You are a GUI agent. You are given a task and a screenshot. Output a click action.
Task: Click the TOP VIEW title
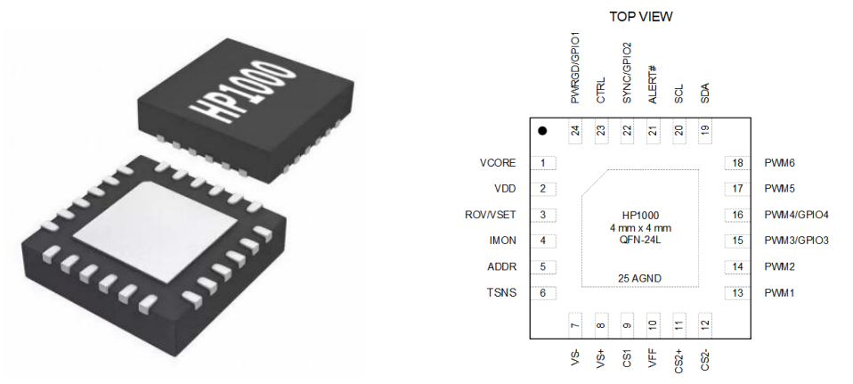coord(641,17)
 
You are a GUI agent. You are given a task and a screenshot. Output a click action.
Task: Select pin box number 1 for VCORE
coord(543,163)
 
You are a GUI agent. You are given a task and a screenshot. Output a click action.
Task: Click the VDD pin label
coord(505,189)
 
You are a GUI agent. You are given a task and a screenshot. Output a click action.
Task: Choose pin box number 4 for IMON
coord(543,241)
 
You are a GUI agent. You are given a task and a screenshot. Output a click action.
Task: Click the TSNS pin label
coord(502,292)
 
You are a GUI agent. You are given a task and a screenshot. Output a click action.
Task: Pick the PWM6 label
coord(780,163)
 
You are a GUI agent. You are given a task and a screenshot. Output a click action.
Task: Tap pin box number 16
coord(737,215)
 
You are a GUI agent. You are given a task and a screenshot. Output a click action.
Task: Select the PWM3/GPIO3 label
coord(796,241)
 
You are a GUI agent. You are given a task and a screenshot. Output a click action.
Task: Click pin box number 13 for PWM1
coord(737,292)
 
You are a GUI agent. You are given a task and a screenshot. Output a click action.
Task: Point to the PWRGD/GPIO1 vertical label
coord(576,69)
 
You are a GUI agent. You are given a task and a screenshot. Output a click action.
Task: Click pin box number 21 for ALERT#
coord(654,131)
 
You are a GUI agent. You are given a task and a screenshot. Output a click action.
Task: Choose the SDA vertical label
coord(705,93)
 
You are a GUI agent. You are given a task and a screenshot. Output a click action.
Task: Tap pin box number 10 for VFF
coord(654,325)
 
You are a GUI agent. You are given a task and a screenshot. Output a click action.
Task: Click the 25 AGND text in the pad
coord(640,279)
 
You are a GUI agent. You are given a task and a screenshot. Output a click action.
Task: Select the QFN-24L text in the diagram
coord(640,240)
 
